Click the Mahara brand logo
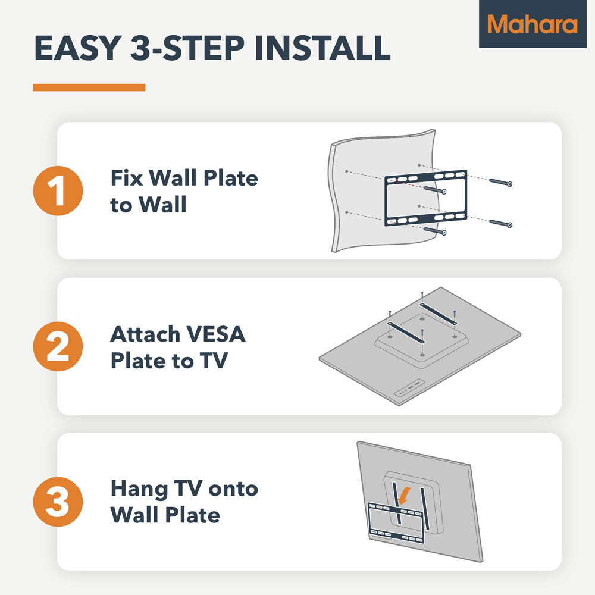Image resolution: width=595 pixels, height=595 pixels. point(533,24)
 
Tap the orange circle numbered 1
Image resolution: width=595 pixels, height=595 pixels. point(58,190)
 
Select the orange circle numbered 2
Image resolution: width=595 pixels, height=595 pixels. point(58,346)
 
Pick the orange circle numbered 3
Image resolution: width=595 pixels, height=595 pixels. point(58,502)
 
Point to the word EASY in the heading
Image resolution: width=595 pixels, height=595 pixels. point(78,48)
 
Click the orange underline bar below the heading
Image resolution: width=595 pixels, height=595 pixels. point(89,87)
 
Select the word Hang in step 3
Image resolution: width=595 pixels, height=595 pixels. point(139,490)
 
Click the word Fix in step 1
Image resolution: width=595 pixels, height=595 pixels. point(127,178)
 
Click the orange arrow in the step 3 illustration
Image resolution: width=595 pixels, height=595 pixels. point(404,496)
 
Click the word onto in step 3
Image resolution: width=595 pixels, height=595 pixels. point(233,490)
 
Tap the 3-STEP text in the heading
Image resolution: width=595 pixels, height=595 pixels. point(188,48)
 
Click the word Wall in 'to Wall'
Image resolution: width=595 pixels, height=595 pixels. point(162,205)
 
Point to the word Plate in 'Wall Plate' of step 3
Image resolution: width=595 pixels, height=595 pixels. point(193,515)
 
